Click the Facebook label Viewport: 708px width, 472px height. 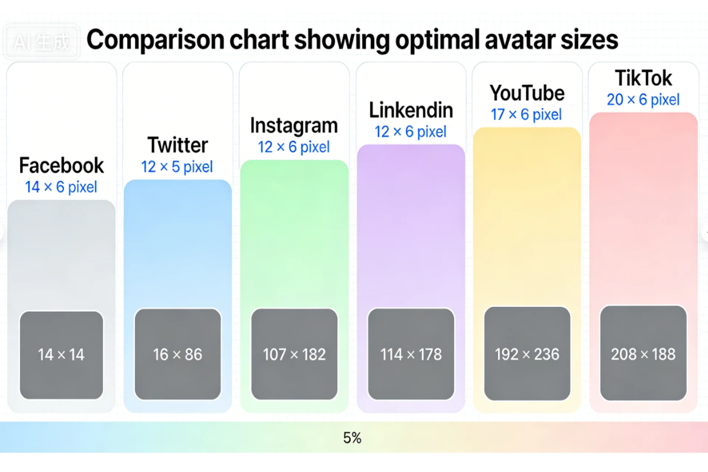pyautogui.click(x=62, y=166)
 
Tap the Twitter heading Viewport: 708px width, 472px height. pyautogui.click(x=178, y=145)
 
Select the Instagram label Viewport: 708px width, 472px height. pyautogui.click(x=294, y=126)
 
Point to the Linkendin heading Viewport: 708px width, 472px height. pyautogui.click(x=411, y=110)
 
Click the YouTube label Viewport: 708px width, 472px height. pyautogui.click(x=527, y=93)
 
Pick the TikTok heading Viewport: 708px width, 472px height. pyautogui.click(x=643, y=78)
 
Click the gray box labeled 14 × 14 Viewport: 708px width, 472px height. pyautogui.click(x=62, y=355)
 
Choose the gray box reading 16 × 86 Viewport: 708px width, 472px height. pyautogui.click(x=178, y=354)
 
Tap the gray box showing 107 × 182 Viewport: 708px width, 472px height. pyautogui.click(x=294, y=354)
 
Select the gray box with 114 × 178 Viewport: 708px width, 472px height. pyautogui.click(x=411, y=354)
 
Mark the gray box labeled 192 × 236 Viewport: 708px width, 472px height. pyautogui.click(x=527, y=353)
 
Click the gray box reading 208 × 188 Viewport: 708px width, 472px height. pyautogui.click(x=643, y=353)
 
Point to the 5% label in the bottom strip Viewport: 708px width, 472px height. pyautogui.click(x=352, y=438)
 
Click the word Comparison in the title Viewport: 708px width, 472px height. pyautogui.click(x=155, y=40)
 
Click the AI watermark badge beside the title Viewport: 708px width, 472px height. pyautogui.click(x=41, y=42)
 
